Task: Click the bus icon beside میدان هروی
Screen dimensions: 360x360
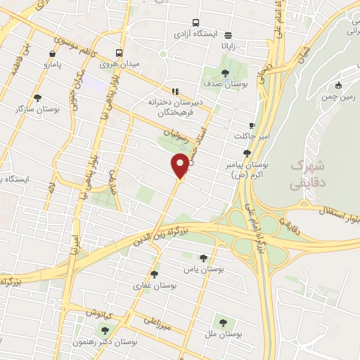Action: click(x=119, y=53)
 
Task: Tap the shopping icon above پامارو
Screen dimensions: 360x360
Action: click(x=52, y=54)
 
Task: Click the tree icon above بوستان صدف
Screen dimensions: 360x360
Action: click(x=225, y=72)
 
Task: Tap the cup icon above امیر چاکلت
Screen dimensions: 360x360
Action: click(x=252, y=125)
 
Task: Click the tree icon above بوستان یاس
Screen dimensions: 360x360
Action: click(x=204, y=258)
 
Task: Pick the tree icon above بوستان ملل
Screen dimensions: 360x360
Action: click(x=223, y=323)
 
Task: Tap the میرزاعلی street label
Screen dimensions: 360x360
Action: click(x=157, y=321)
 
